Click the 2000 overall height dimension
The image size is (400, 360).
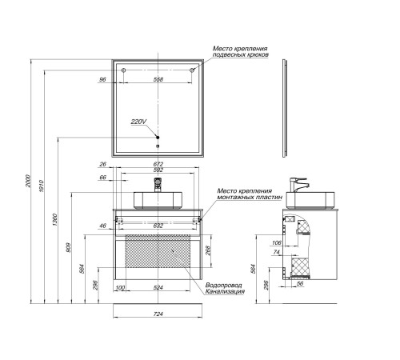click(x=28, y=181)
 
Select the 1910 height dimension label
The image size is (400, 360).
click(x=41, y=186)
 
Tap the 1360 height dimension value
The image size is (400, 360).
click(x=54, y=219)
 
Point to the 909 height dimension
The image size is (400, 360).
click(x=68, y=248)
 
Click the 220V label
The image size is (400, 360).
click(x=138, y=122)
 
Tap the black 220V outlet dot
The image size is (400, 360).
click(x=158, y=138)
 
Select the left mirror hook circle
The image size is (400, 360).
click(x=123, y=70)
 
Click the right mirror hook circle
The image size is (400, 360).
click(x=192, y=70)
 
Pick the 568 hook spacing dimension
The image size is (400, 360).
click(x=158, y=79)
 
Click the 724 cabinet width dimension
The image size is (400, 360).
click(x=158, y=314)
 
